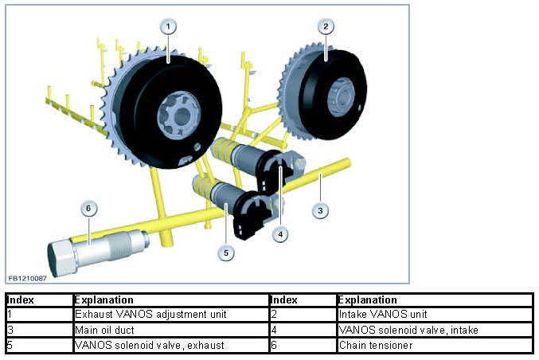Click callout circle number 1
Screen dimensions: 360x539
167,25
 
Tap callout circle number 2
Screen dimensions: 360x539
325,25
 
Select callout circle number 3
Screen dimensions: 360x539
320,211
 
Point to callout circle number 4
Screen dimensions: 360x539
279,234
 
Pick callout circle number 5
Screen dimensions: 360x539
226,252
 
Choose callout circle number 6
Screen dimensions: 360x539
88,208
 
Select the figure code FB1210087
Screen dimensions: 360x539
28,278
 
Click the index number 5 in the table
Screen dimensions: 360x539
10,345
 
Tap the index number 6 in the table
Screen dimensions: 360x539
274,345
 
